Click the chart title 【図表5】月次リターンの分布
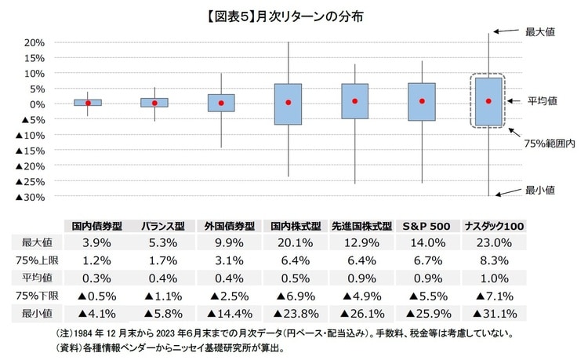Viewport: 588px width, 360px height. [x=293, y=14]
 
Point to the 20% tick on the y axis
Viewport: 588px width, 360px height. [x=34, y=42]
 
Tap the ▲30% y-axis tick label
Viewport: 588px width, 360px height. [x=29, y=197]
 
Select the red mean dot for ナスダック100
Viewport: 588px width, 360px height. [x=488, y=100]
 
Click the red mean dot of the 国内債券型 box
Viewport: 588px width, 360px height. [x=88, y=103]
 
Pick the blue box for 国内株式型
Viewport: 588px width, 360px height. [x=289, y=104]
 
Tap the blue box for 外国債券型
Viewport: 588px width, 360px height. [x=221, y=103]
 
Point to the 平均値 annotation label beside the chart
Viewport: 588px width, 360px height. [x=543, y=100]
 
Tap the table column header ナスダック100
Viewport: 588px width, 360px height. [x=493, y=225]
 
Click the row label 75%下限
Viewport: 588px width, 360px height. [x=29, y=296]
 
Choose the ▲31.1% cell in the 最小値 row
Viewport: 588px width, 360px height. [x=493, y=314]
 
